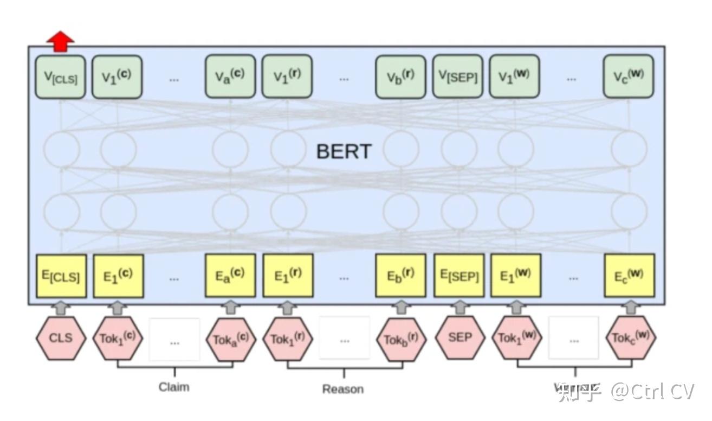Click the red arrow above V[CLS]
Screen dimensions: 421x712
[60, 41]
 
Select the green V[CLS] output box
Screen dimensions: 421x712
[60, 77]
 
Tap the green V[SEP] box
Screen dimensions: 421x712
[458, 76]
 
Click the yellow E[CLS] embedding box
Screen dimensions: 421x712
[61, 276]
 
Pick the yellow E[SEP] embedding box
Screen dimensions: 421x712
[459, 276]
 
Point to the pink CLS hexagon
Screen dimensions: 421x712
[61, 337]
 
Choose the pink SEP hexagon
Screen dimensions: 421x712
[460, 337]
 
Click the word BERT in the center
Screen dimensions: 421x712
[344, 151]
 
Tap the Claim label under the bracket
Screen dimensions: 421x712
[174, 387]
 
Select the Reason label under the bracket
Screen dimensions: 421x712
[343, 389]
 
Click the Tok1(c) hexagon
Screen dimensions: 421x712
[118, 338]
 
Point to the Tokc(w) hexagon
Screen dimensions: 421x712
[631, 337]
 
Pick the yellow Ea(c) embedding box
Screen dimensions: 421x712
[230, 276]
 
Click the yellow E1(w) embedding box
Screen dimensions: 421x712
[516, 276]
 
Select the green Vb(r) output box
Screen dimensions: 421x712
[400, 76]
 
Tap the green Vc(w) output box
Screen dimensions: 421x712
[629, 76]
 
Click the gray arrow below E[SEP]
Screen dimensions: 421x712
[459, 307]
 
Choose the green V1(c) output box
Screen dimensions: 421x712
[116, 76]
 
